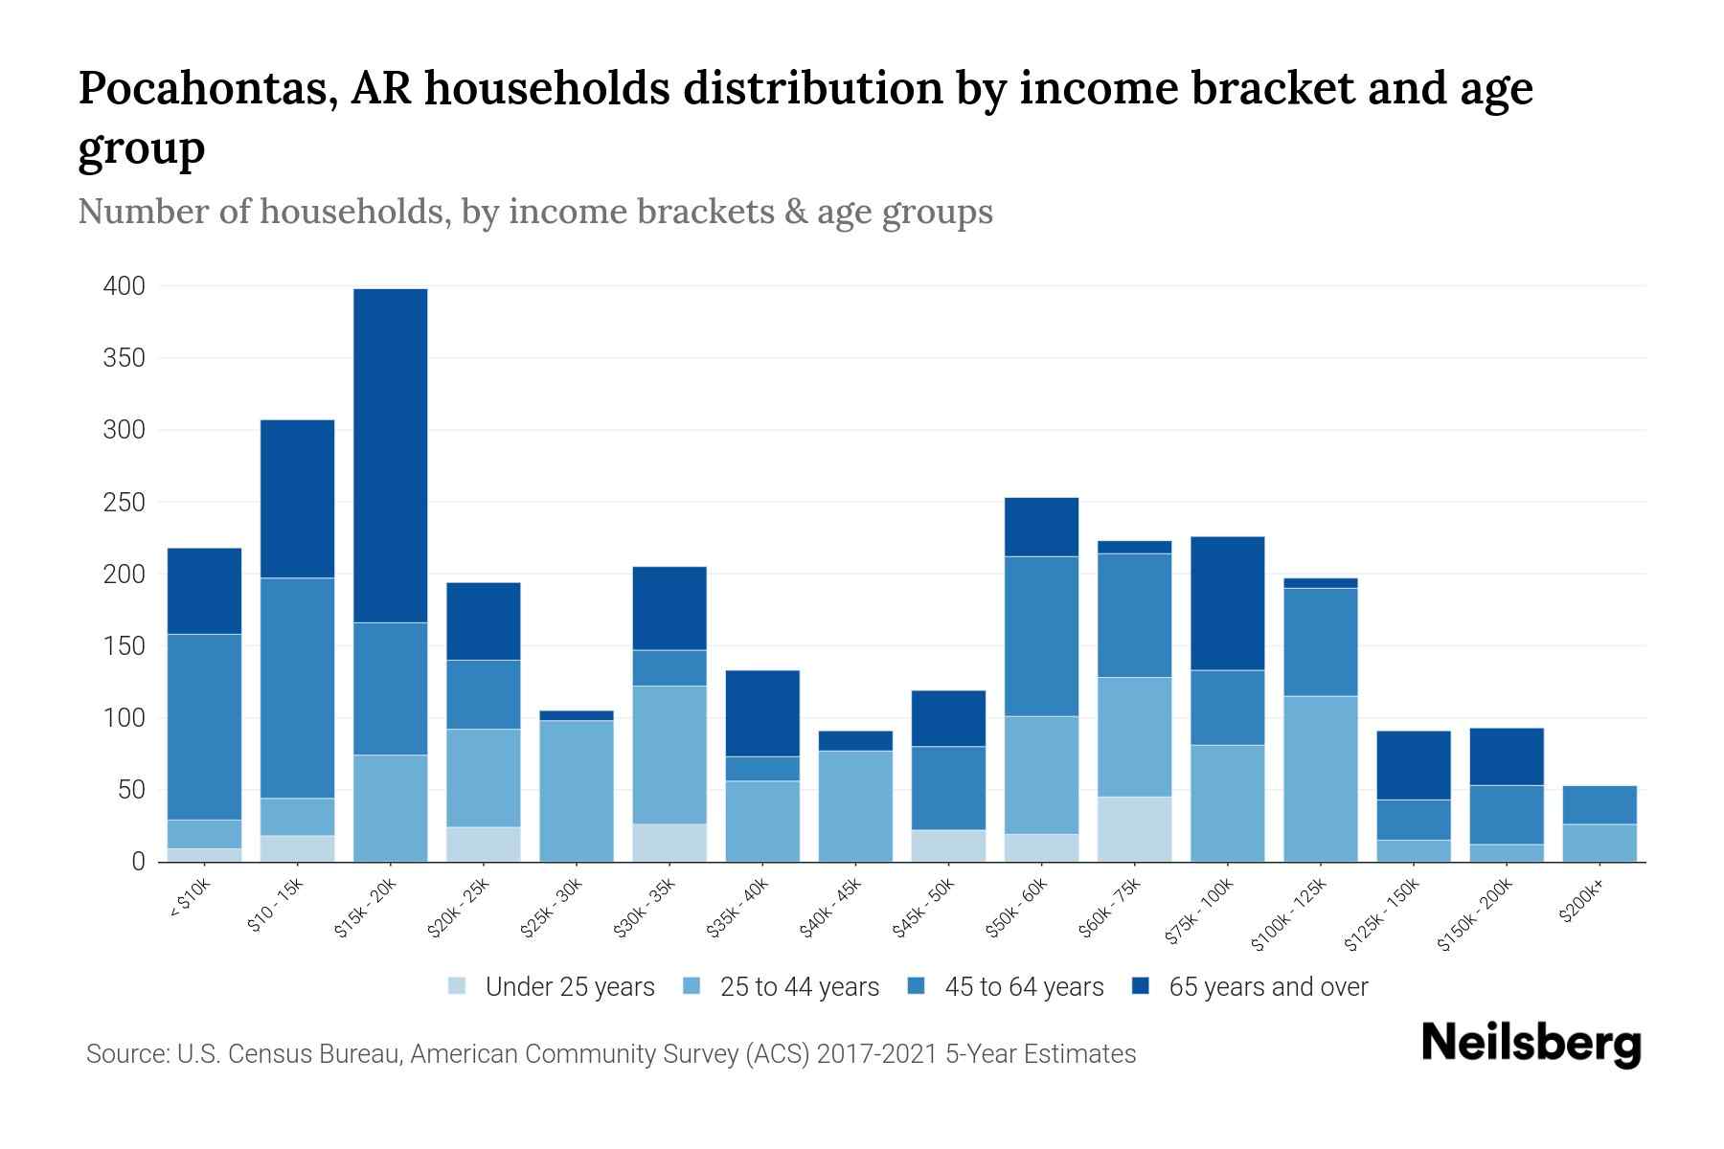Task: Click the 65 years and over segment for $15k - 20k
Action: (x=391, y=456)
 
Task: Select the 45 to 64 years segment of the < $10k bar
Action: (x=204, y=727)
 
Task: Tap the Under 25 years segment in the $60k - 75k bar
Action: (x=1134, y=829)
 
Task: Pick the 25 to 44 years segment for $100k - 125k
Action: (x=1321, y=778)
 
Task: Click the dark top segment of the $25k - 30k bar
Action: (x=577, y=715)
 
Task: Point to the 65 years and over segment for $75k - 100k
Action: (x=1227, y=603)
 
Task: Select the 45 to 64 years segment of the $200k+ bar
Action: (x=1599, y=805)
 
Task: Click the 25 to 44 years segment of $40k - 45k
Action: (x=855, y=806)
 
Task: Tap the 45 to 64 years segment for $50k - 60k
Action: (x=1041, y=637)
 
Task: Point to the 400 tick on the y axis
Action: (x=125, y=286)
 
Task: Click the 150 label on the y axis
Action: (x=125, y=646)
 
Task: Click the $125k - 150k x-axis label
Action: (x=1382, y=915)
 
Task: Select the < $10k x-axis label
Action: (x=189, y=899)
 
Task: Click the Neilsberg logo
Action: (x=1531, y=1044)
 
